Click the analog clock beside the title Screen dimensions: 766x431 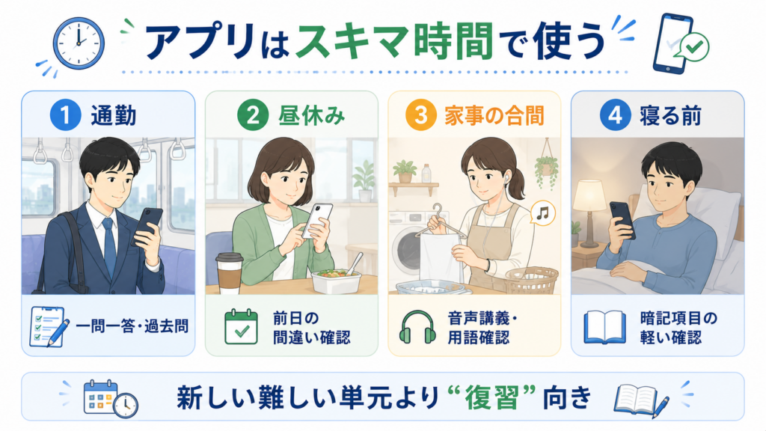[x=79, y=43]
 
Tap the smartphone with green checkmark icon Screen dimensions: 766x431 [x=679, y=44]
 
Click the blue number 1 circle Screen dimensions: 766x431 [x=66, y=115]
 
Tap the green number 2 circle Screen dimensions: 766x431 [x=253, y=115]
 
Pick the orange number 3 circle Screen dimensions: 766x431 [x=420, y=115]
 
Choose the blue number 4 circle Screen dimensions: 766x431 [x=615, y=115]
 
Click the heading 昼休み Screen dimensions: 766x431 [x=312, y=116]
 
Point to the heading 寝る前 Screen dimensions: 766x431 [x=670, y=116]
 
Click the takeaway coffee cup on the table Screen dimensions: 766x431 [x=229, y=272]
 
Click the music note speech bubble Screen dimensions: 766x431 [x=543, y=213]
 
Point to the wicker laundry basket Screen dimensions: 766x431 [x=532, y=280]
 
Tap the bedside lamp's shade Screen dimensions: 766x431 [x=589, y=195]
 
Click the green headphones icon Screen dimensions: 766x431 [x=417, y=327]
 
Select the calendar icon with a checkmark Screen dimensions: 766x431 [x=242, y=326]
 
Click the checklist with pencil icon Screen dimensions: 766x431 [x=49, y=326]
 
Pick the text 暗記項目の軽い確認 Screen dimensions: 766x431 [x=678, y=328]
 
